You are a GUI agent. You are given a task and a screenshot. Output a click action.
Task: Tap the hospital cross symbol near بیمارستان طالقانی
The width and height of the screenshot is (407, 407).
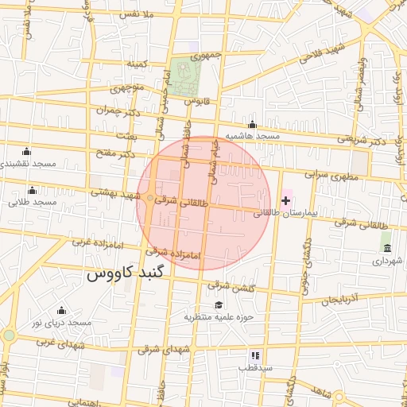click(286, 200)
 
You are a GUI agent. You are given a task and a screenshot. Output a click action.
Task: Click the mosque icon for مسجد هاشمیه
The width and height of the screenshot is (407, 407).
click(253, 124)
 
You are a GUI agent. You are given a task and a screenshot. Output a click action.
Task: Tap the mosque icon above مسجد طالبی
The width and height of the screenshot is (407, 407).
click(32, 190)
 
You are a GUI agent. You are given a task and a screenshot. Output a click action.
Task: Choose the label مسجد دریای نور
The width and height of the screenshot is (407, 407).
click(62, 322)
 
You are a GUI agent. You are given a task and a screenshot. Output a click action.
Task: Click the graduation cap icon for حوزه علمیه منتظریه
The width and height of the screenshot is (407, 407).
click(219, 304)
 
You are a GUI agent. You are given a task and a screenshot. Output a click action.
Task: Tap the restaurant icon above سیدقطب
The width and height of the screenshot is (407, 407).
click(255, 355)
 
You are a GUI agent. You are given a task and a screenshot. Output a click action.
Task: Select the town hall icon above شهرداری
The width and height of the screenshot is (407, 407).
click(387, 248)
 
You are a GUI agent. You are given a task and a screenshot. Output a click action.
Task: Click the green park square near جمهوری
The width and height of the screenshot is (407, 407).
click(185, 77)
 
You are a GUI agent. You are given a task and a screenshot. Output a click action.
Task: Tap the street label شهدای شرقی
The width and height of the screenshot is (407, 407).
click(165, 349)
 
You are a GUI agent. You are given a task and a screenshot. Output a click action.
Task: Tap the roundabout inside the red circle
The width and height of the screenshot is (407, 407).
click(150, 198)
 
